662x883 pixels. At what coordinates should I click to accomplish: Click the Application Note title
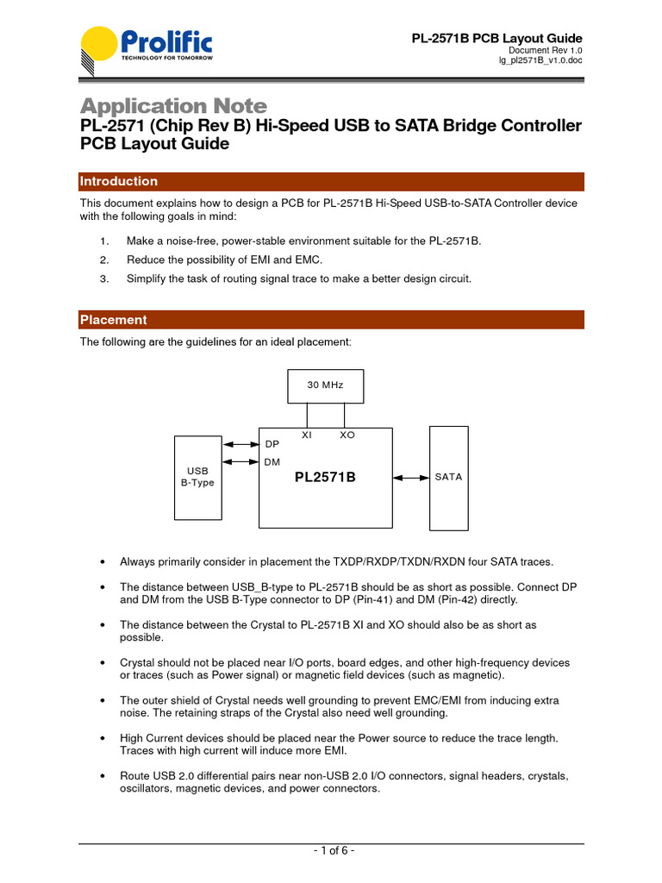click(173, 106)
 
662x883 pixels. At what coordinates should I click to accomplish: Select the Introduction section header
click(119, 181)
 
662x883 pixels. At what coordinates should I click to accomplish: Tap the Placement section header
click(114, 320)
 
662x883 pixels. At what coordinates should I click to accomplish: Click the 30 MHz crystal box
click(325, 385)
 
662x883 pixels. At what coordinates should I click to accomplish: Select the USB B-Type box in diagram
click(197, 477)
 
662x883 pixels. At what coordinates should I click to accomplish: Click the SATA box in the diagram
click(448, 477)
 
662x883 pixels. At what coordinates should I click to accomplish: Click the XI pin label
click(306, 435)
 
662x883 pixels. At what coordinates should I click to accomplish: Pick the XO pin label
click(347, 435)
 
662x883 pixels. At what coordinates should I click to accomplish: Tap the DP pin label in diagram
click(272, 444)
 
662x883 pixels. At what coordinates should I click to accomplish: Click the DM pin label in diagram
click(272, 463)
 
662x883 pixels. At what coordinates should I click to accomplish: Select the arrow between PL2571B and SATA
click(411, 477)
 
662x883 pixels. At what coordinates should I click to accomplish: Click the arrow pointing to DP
click(240, 445)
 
